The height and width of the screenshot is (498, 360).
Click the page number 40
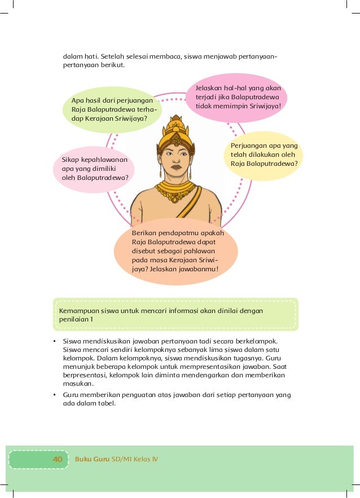pos(58,459)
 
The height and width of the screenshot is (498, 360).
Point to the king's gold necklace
pos(177,191)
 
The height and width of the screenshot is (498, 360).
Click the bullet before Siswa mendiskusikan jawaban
pos(55,342)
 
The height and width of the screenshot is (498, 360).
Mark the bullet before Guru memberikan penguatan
pos(55,395)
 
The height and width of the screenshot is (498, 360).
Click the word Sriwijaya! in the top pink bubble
pos(262,105)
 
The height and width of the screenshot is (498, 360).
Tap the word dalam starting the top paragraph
pos(72,56)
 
